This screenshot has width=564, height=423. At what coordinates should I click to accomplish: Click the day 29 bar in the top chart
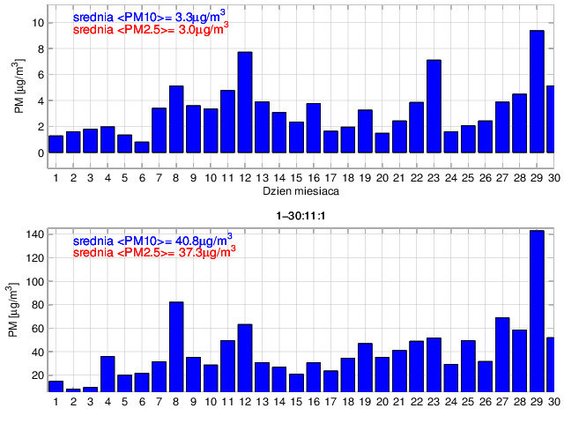tap(537, 92)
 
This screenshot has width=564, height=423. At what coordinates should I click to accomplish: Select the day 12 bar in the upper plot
tap(245, 102)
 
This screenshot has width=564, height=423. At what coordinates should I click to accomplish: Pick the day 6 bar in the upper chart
tap(142, 147)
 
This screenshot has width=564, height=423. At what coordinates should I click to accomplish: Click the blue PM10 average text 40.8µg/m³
tap(152, 239)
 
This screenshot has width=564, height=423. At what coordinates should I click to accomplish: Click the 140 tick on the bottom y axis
tap(33, 235)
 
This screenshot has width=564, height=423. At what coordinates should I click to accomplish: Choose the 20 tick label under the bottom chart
tap(382, 402)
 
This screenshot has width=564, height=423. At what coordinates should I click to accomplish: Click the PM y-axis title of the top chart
tap(20, 88)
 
